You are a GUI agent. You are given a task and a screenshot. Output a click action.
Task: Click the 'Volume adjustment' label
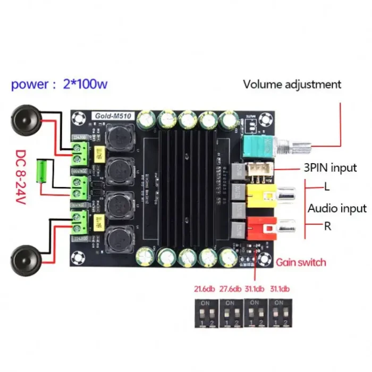click(x=292, y=84)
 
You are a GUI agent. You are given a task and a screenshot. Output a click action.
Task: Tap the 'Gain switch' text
click(x=301, y=262)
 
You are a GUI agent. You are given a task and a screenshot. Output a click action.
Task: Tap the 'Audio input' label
click(x=337, y=208)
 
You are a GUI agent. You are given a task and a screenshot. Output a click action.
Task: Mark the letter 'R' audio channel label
click(x=328, y=226)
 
